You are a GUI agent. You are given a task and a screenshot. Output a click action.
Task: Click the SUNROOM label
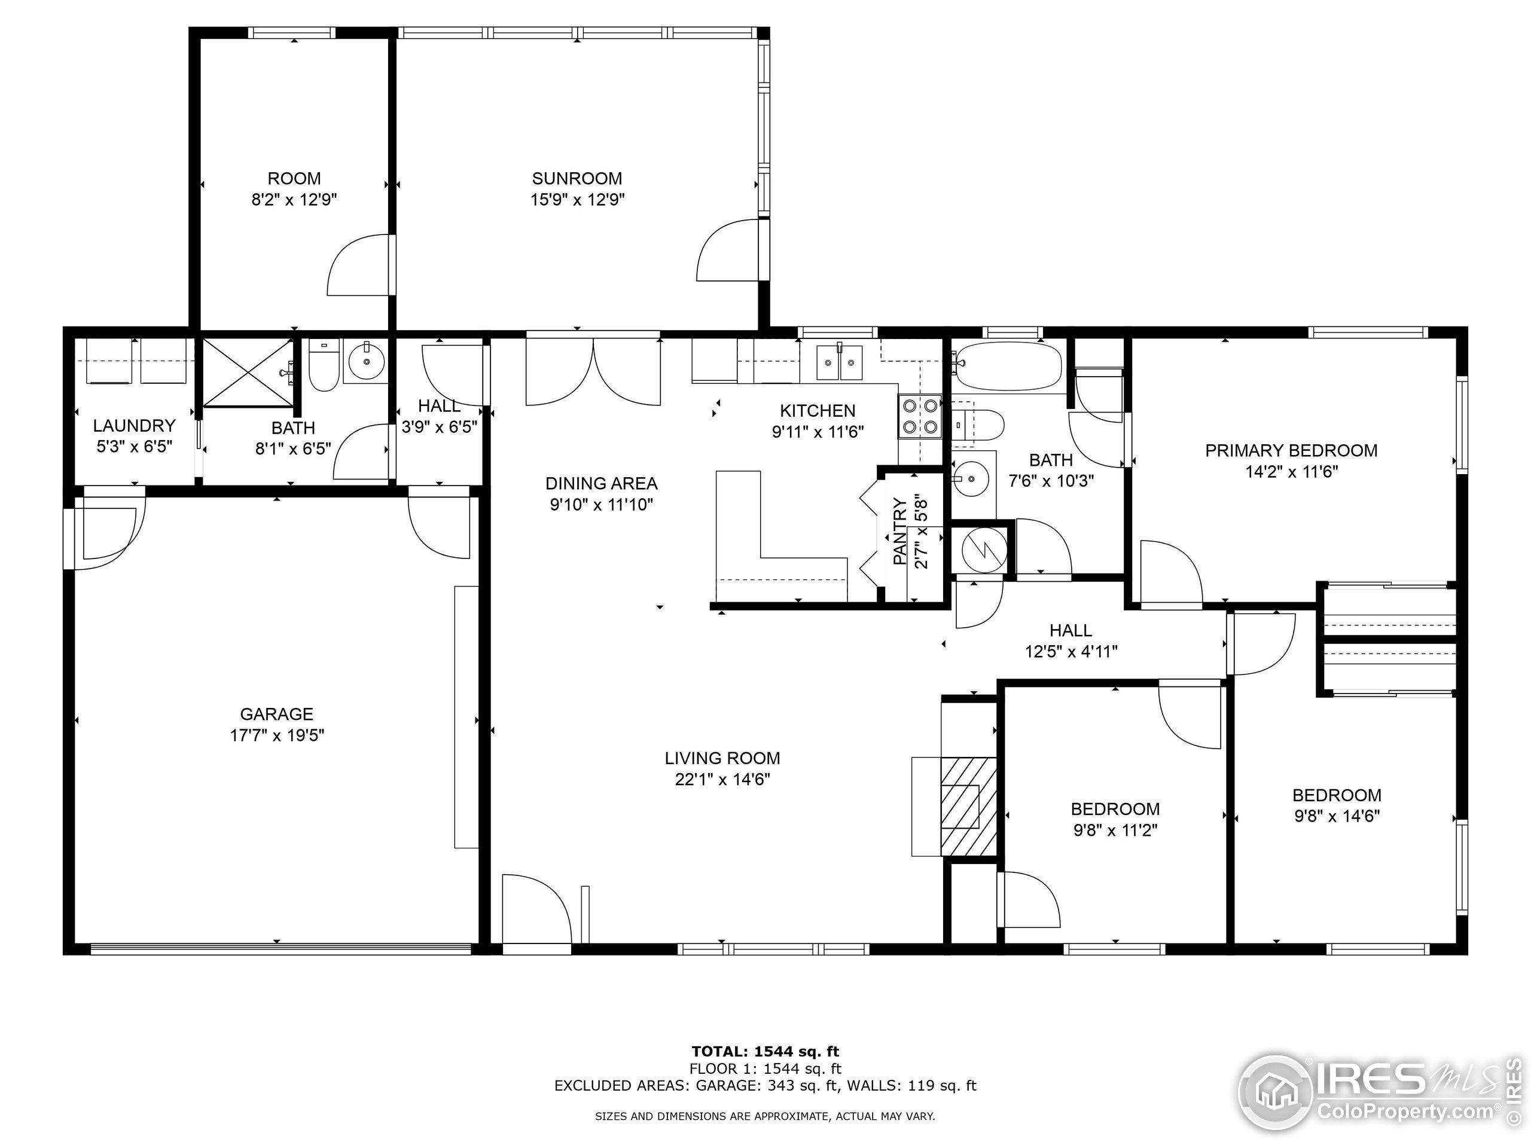coord(577,179)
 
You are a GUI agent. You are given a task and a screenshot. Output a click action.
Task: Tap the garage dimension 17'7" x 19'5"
coord(277,735)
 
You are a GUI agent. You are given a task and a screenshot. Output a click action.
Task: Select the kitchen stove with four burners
coord(920,416)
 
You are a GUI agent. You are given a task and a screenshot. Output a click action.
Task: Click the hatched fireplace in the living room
coord(968,806)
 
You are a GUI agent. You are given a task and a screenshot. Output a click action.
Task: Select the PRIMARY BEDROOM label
coord(1291,450)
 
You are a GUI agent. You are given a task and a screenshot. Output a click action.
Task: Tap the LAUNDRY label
coord(135,426)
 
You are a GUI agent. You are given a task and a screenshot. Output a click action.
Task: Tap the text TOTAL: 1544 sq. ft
coord(765,1052)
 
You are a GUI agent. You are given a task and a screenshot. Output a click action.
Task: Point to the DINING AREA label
coord(601,483)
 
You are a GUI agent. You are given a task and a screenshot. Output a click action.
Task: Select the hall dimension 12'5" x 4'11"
coord(1071,651)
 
